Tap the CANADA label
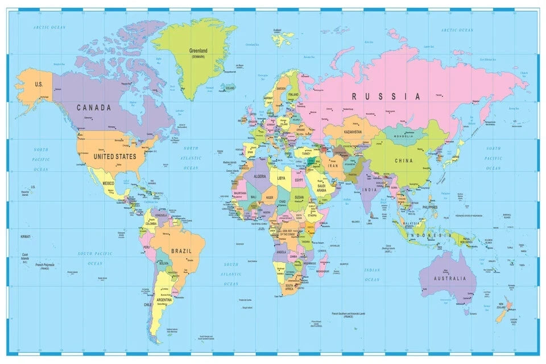(x=94, y=107)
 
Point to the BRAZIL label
(x=180, y=250)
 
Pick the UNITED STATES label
(x=115, y=156)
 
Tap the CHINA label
(x=404, y=161)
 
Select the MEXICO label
(x=108, y=183)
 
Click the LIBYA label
(x=282, y=178)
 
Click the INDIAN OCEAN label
(x=372, y=275)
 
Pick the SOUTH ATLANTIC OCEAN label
(x=231, y=274)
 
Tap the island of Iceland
(x=229, y=88)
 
